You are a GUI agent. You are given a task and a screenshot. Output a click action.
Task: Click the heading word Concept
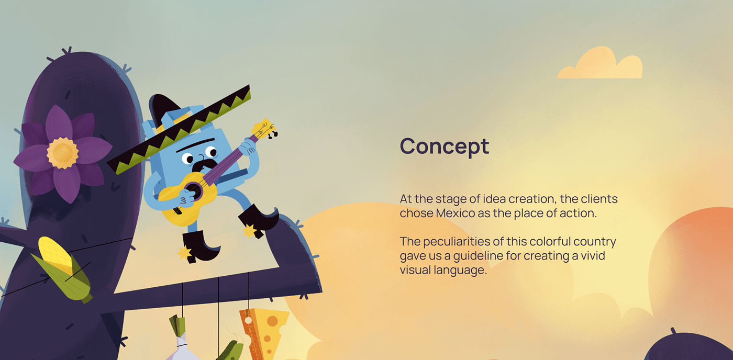pos(445,146)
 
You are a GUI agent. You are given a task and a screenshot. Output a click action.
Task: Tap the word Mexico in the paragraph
pos(455,213)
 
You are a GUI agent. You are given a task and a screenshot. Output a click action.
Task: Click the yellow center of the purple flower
pos(62,153)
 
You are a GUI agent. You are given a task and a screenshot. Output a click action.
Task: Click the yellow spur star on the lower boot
pos(184,253)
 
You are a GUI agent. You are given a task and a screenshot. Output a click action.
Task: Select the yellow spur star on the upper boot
pos(249,231)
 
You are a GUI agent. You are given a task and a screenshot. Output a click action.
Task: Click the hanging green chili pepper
pos(230,350)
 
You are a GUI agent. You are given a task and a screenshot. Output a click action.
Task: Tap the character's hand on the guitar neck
pos(249,148)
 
